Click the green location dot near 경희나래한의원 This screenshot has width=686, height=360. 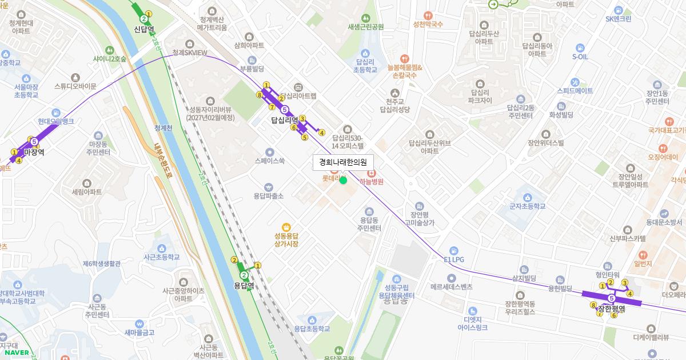(x=343, y=181)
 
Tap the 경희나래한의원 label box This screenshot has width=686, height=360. (x=343, y=162)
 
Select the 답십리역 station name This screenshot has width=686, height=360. (x=284, y=121)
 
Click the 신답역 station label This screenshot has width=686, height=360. (x=145, y=29)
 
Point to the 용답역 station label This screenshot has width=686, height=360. (x=244, y=285)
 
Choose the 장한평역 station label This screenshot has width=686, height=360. (x=611, y=309)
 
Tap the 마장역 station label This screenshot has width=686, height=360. (x=34, y=152)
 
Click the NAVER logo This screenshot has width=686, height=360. (x=16, y=353)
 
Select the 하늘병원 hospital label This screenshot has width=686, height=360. (x=371, y=182)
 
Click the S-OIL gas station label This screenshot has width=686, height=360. (x=580, y=57)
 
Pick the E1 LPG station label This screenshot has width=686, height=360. (x=454, y=259)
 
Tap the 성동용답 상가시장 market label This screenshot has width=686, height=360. (x=286, y=239)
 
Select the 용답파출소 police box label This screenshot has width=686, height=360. (x=269, y=195)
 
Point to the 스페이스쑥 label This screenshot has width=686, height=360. (x=270, y=161)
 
